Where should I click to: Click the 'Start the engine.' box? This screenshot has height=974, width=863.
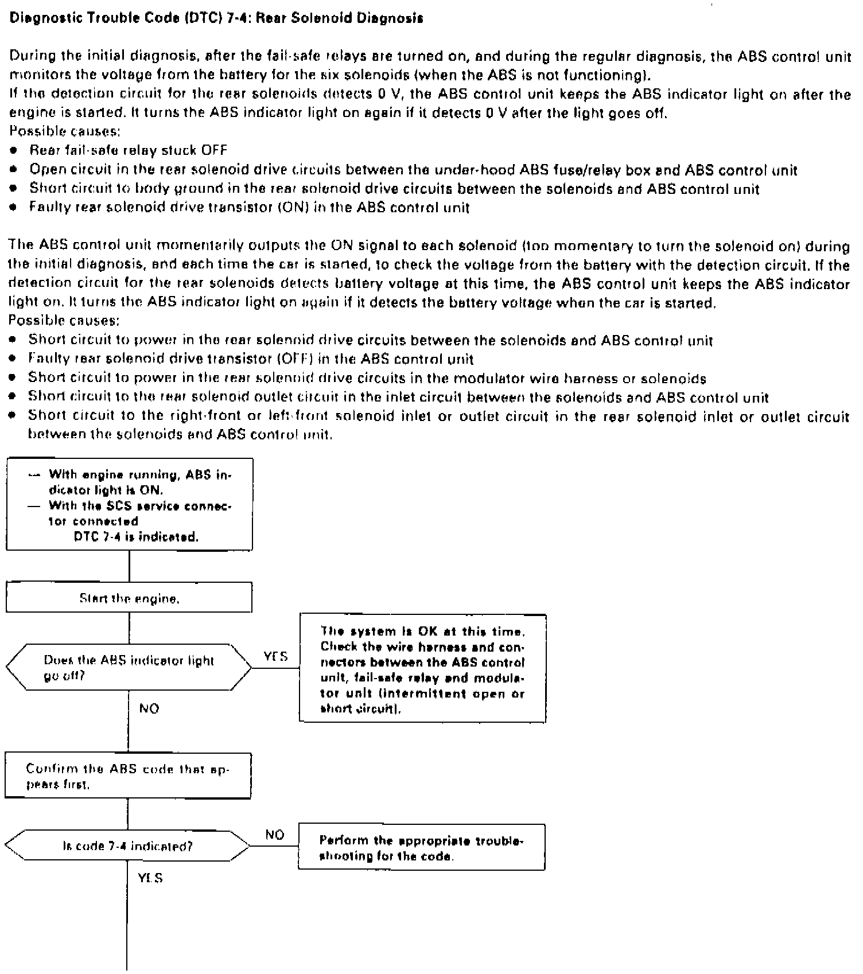[x=129, y=598]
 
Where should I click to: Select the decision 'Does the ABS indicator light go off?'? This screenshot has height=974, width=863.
[x=129, y=668]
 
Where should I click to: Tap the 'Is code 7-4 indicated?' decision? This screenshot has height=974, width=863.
[x=127, y=846]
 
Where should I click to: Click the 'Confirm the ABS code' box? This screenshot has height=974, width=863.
[x=128, y=776]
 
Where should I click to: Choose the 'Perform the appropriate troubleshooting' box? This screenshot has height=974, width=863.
[x=422, y=848]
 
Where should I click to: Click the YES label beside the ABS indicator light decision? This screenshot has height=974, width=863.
[x=275, y=656]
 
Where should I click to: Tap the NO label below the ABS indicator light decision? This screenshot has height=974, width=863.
[x=149, y=709]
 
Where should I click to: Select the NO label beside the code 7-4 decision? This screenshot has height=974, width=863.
[x=275, y=835]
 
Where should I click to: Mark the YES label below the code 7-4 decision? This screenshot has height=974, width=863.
[x=150, y=878]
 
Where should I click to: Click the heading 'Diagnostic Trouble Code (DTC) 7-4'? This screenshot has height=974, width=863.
[x=217, y=18]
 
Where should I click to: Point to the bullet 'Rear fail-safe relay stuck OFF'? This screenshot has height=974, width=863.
[x=128, y=151]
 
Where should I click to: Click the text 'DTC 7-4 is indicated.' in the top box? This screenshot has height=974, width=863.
[x=137, y=537]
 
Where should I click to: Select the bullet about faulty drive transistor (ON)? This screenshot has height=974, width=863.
[x=249, y=208]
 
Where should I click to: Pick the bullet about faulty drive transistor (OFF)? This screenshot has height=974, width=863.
[x=251, y=360]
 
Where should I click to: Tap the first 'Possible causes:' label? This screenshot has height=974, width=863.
[x=65, y=131]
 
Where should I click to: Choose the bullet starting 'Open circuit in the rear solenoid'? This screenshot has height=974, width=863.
[x=413, y=170]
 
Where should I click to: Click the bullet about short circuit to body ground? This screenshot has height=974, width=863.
[x=394, y=189]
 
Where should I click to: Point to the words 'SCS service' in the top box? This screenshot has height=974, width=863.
[x=131, y=506]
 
